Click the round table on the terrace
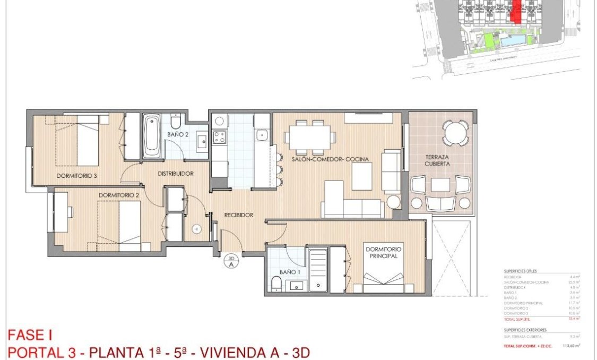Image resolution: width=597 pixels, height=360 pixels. pos(456,133)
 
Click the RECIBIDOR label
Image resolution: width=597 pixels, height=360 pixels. pos(238,215)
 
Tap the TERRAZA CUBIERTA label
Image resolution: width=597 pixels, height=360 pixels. pos(438,161)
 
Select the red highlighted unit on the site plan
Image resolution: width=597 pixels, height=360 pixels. pos(515,11)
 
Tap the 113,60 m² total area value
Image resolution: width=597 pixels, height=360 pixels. pos(570,345)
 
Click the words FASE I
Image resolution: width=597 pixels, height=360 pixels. pos(30,336)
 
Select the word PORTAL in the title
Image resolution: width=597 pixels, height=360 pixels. pos(32,352)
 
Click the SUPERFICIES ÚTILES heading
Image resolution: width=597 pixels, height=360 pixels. pos(521,271)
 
